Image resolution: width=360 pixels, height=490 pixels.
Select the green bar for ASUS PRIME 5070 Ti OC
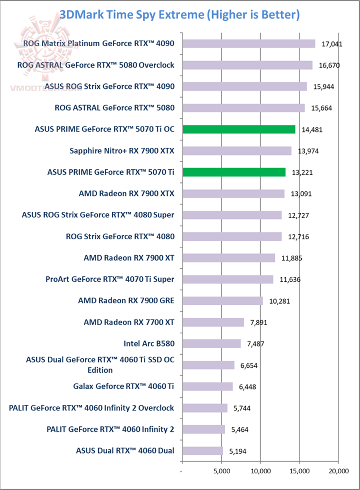click(239, 129)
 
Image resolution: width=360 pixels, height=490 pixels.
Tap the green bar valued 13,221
click(234, 172)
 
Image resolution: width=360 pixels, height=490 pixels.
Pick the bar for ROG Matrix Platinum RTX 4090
click(249, 44)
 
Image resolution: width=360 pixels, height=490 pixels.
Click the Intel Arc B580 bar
click(211, 344)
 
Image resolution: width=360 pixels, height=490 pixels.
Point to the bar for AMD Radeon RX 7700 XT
click(213, 322)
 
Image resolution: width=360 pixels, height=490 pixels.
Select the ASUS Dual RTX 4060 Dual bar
click(202, 451)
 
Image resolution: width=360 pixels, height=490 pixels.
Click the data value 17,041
click(332, 44)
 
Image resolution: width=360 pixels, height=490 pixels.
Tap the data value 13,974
click(308, 151)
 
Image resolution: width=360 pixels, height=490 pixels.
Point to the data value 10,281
click(279, 301)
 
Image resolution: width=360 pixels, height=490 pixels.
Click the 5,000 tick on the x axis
click(221, 471)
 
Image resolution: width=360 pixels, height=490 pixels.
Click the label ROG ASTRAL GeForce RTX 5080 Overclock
click(95, 65)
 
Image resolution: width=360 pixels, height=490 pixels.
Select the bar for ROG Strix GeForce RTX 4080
click(232, 237)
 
